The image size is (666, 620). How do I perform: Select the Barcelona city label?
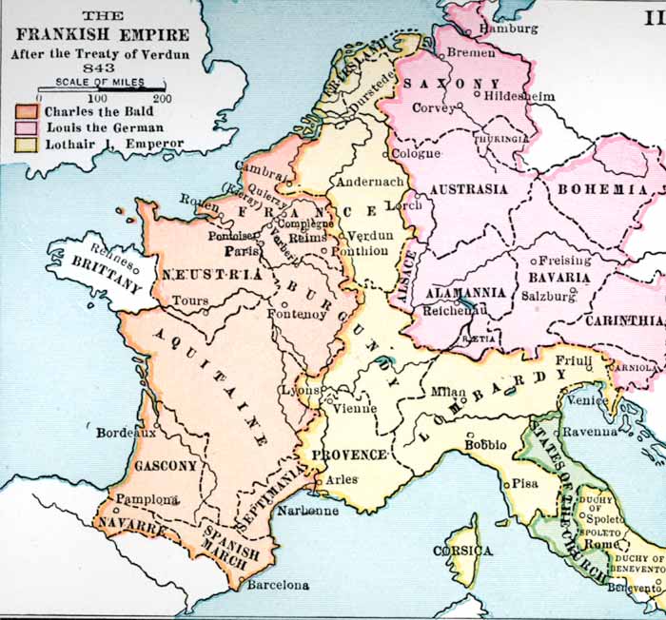[x=278, y=585]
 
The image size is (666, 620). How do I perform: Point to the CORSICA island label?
[x=462, y=552]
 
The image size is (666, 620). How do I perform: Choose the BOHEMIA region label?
[x=601, y=190]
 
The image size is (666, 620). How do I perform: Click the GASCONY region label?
[x=166, y=466]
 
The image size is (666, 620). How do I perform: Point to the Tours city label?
[x=190, y=300]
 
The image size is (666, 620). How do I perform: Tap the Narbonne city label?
[x=307, y=511]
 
